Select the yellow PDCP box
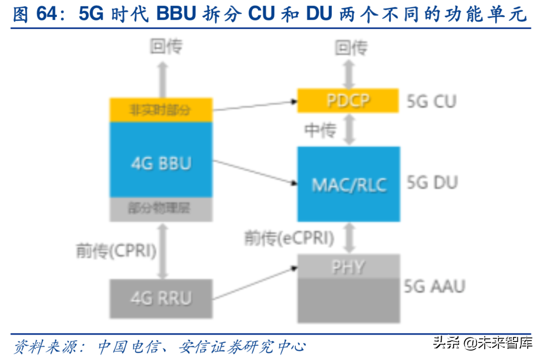coord(348,100)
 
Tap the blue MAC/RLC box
coord(349,184)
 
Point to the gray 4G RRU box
coord(161,298)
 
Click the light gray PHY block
coord(349,266)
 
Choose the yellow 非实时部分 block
coord(161,110)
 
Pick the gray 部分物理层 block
coord(161,209)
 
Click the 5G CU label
coord(431,101)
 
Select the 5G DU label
coord(432,183)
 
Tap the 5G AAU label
coord(434,286)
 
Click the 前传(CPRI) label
coord(116,251)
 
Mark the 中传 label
coord(320,130)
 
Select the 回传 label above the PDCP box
coord(351,48)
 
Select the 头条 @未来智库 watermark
coord(483,343)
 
